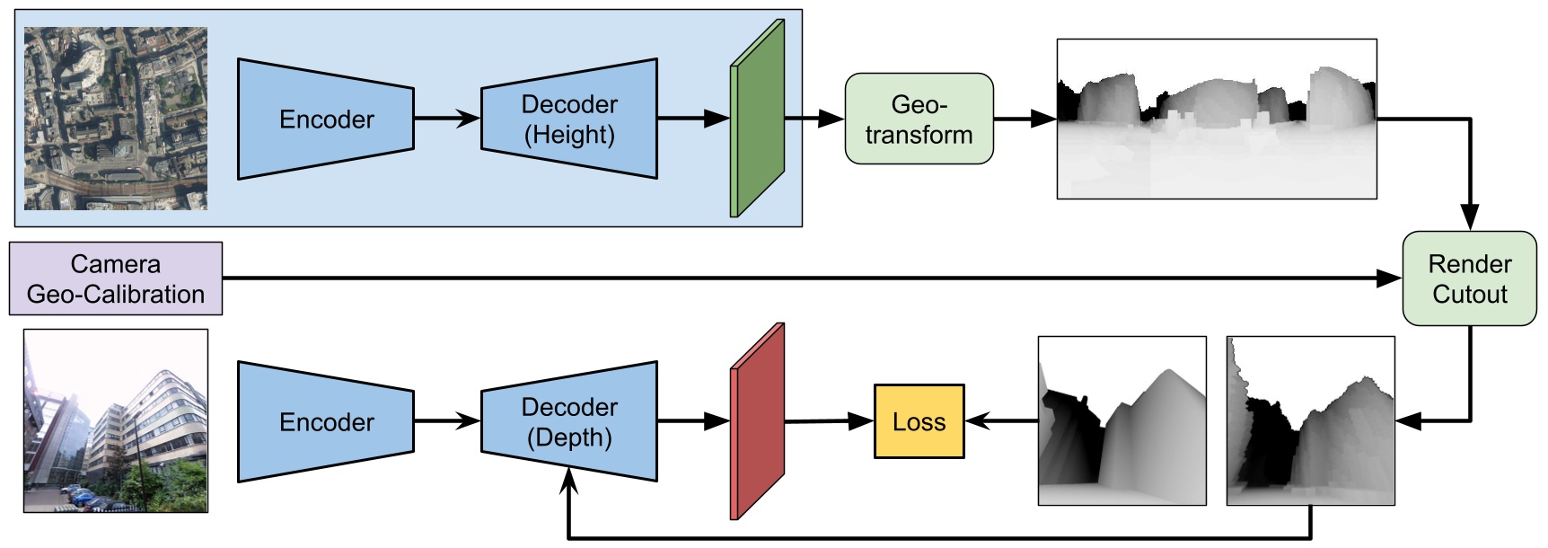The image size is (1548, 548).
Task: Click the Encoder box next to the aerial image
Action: [325, 119]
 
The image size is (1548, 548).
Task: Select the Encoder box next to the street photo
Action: [325, 422]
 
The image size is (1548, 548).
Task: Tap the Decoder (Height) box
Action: [569, 119]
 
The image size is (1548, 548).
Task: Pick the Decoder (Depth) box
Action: [569, 422]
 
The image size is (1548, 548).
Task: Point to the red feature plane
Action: [758, 422]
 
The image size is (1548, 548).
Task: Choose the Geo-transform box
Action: [919, 119]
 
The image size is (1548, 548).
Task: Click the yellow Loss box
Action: [919, 422]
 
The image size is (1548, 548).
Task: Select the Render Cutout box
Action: [1469, 278]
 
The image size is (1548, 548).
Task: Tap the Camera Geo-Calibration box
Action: [116, 278]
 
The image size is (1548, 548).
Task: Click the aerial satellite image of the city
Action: [116, 119]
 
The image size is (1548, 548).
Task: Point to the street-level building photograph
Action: [116, 420]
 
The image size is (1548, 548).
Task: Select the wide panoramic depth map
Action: [1216, 119]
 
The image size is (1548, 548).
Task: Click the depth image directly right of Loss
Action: [1121, 421]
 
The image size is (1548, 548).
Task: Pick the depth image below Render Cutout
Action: [1310, 421]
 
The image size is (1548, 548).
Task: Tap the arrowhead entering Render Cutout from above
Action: [1469, 217]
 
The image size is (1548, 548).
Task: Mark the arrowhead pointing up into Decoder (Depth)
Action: [569, 482]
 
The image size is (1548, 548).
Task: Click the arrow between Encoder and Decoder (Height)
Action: [447, 119]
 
